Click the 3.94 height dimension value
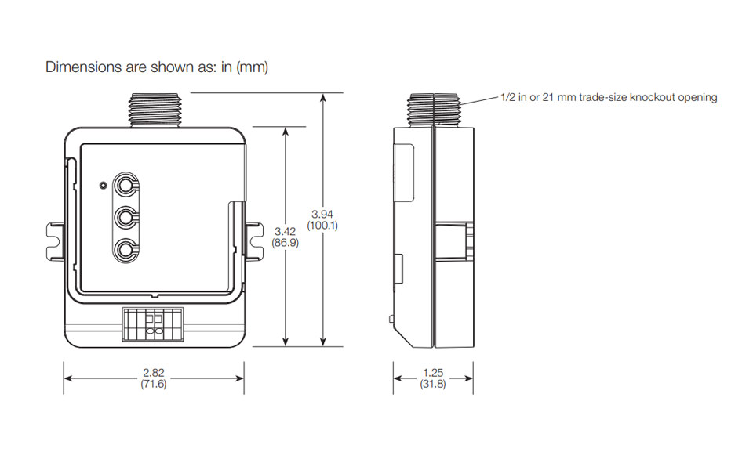coord(323,214)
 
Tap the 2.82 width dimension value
coord(153,373)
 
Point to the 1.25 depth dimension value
coord(433,373)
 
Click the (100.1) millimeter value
coord(323,226)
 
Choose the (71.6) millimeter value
coord(153,385)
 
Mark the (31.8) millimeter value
coord(433,385)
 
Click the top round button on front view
coord(125,185)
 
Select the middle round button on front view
coord(125,217)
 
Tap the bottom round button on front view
coord(125,250)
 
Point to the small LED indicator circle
coord(102,186)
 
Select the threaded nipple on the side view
coord(432,109)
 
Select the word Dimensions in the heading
coord(78,67)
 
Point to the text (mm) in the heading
coord(253,67)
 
